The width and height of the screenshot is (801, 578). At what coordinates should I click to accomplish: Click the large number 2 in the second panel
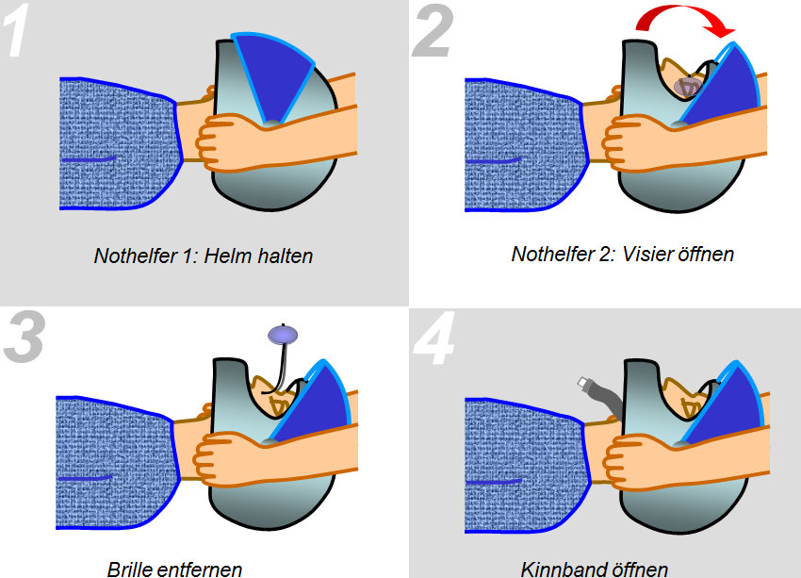point(433,32)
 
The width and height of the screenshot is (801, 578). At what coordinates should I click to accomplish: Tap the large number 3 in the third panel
point(24,339)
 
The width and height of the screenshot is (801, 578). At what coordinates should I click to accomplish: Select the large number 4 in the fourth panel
point(433,339)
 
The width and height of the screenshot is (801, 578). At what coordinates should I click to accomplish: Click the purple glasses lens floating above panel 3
point(283,334)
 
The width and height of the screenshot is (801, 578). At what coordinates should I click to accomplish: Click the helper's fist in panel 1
point(221,143)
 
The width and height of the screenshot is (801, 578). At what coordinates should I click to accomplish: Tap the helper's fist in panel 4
point(629,463)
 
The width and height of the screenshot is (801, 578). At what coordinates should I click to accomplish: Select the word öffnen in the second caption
point(707,254)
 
